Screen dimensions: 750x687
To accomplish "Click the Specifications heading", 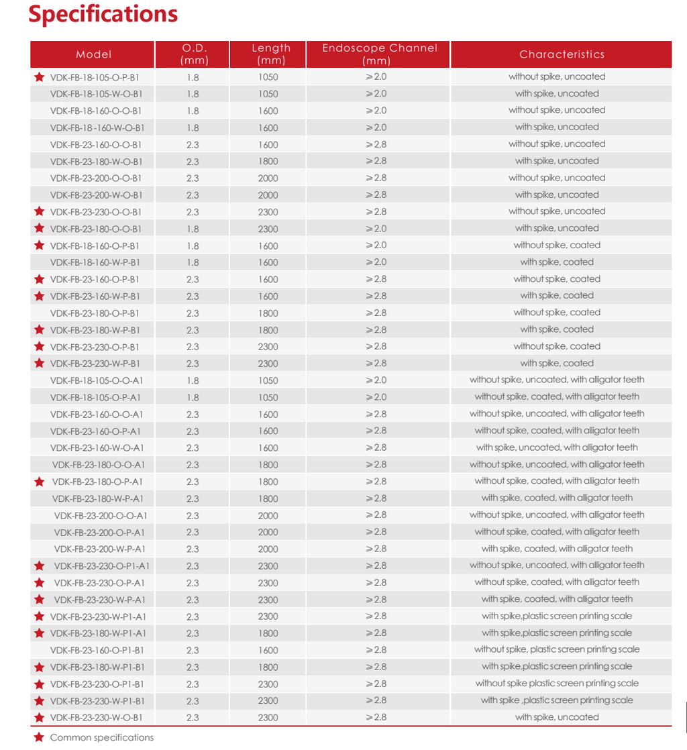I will tap(103, 15).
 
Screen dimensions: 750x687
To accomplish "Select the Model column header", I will tap(93, 54).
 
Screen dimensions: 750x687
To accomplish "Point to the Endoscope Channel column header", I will tap(379, 54).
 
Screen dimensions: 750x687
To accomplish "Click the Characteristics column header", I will tap(562, 54).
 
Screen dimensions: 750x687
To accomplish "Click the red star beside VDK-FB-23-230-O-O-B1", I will tap(40, 212).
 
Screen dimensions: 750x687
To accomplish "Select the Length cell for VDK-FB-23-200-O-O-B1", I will tap(268, 178).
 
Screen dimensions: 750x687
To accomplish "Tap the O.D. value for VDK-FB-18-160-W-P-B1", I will tap(193, 262).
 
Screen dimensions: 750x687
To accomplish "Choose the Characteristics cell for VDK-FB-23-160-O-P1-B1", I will tap(557, 649).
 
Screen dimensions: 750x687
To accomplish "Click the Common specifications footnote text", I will tap(102, 737).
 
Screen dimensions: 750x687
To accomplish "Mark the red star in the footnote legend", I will tap(39, 737).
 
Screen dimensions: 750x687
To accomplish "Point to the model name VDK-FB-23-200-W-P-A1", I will tap(100, 549).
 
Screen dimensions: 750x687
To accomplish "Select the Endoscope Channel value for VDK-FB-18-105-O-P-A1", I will tap(376, 397).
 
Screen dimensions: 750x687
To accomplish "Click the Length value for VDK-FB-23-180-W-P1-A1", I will tap(268, 633).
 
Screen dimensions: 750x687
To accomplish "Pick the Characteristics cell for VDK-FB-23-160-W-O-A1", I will tap(557, 447).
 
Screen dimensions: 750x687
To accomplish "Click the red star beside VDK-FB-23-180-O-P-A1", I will tap(40, 482).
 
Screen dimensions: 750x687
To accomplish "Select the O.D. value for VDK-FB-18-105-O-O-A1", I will tap(193, 380).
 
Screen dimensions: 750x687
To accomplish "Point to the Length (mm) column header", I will tap(271, 54).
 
